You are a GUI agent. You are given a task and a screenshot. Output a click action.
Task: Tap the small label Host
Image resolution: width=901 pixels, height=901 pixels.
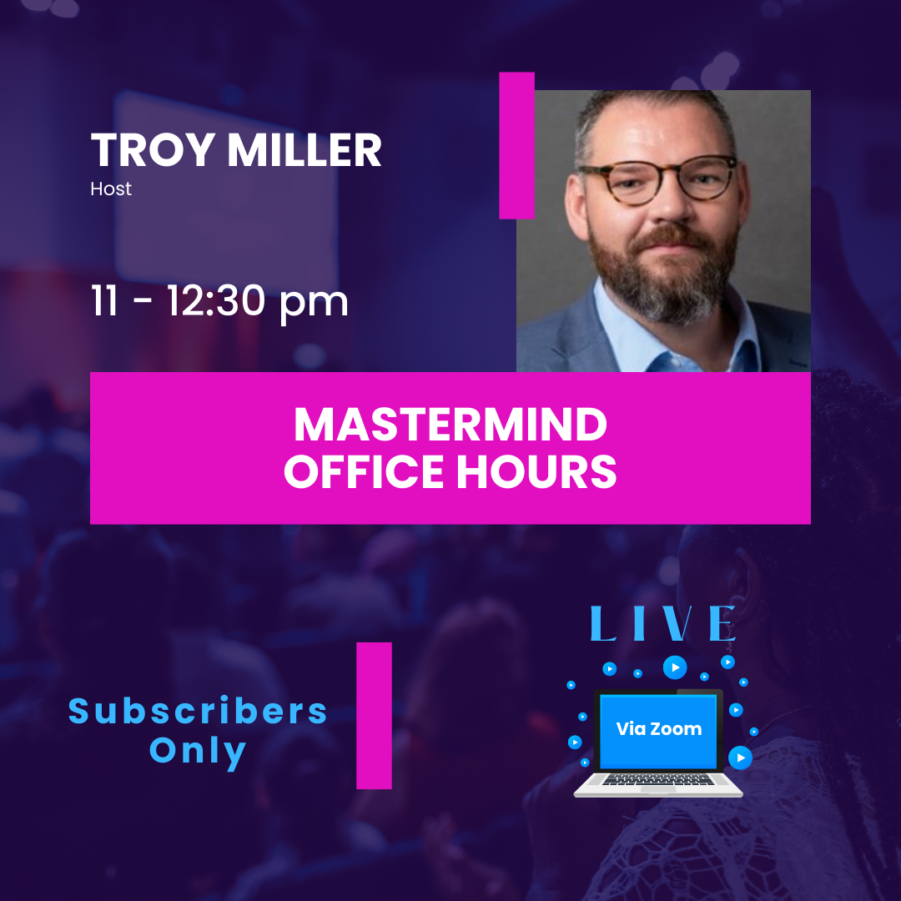(111, 189)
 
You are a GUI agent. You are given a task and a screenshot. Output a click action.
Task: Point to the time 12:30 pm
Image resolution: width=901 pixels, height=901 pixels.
(257, 300)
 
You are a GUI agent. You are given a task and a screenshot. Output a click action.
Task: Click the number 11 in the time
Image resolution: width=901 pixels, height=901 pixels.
(105, 300)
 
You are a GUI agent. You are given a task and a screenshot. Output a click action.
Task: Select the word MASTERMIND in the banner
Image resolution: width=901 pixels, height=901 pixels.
(450, 425)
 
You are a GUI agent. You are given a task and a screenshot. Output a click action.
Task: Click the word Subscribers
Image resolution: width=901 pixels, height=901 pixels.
(199, 712)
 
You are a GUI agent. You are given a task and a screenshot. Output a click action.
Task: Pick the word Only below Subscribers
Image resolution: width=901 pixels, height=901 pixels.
(199, 752)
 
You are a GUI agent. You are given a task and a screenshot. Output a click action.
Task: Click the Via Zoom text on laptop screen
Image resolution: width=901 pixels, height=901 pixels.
(658, 728)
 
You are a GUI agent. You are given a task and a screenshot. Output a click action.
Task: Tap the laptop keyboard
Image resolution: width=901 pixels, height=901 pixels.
(658, 779)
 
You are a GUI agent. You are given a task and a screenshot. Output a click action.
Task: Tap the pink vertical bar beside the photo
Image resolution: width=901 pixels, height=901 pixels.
(516, 145)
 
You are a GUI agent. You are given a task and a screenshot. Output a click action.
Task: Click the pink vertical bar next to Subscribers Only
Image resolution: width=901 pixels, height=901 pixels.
(374, 715)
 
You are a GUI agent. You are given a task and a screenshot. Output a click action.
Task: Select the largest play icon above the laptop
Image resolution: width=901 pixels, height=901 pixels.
(675, 667)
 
